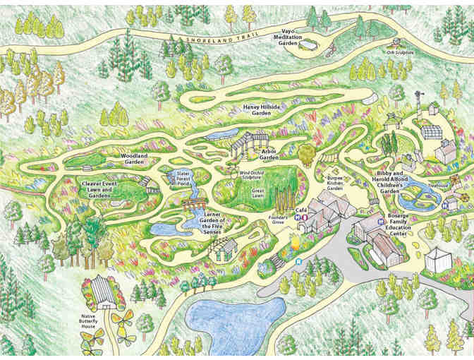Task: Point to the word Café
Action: point(301,210)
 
